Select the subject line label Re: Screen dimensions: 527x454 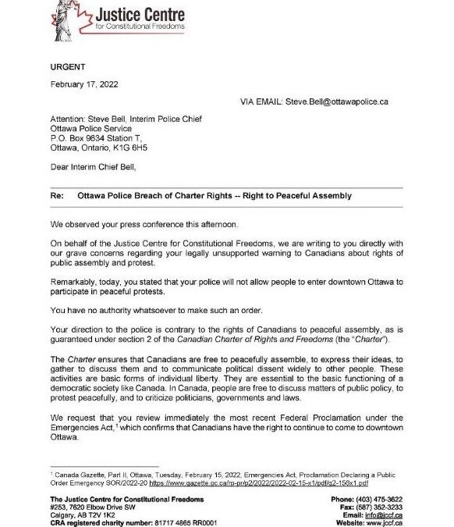coord(57,195)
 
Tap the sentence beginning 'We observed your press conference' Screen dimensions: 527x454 coord(136,223)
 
